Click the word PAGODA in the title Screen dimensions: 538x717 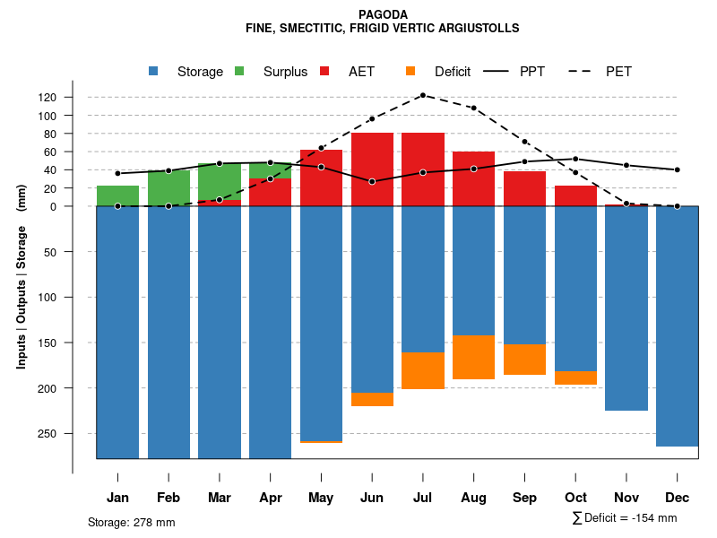[x=383, y=14]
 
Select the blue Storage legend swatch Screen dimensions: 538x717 [x=153, y=71]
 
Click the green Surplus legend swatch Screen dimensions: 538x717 [x=239, y=71]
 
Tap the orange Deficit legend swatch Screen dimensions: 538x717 [x=410, y=71]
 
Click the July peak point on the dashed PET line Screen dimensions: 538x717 [x=422, y=95]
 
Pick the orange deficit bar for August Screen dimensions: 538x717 [x=473, y=357]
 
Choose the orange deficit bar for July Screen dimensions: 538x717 [x=422, y=370]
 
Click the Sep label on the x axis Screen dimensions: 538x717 [x=525, y=498]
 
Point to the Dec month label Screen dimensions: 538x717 [x=678, y=498]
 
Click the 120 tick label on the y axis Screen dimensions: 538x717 [x=73, y=97]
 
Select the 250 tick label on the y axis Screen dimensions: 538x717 [x=73, y=433]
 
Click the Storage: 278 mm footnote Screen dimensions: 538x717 [x=132, y=522]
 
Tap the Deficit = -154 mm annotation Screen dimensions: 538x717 [x=625, y=518]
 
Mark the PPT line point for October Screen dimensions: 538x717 [x=575, y=159]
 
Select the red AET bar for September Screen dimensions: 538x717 [x=525, y=188]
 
